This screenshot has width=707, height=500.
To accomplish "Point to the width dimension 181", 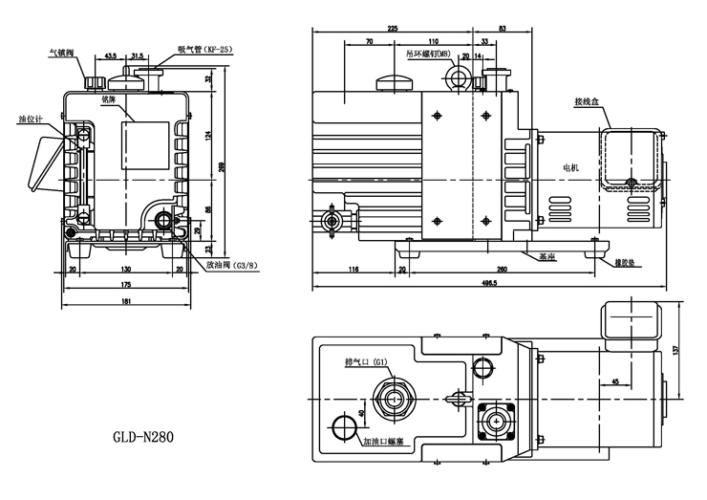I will pyautogui.click(x=126, y=302).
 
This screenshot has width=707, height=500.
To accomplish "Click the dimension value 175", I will pyautogui.click(x=126, y=286).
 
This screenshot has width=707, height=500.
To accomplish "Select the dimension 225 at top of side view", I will pyautogui.click(x=392, y=30).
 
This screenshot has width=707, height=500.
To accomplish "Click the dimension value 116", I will pyautogui.click(x=353, y=271).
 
